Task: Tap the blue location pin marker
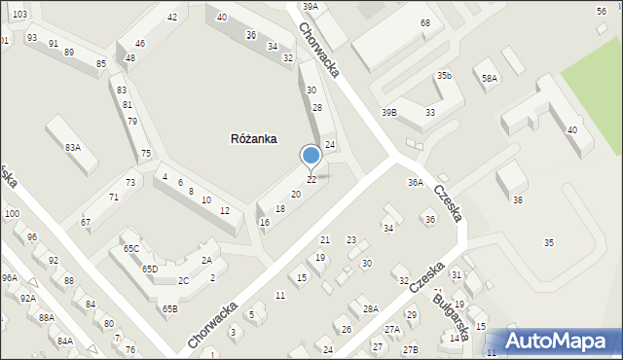[x=311, y=156]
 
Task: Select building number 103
[x=20, y=15]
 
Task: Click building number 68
[x=425, y=22]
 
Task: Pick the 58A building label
[x=489, y=78]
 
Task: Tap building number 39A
[x=310, y=7]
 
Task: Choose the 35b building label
[x=444, y=75]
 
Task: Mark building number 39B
[x=388, y=113]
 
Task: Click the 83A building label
[x=72, y=147]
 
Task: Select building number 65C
[x=131, y=249]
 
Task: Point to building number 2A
[x=206, y=260]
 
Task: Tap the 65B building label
[x=170, y=309]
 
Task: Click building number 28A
[x=370, y=308]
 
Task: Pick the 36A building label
[x=416, y=182]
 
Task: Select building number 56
[x=602, y=10]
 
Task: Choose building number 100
[x=12, y=213]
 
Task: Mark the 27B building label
[x=410, y=348]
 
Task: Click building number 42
[x=172, y=18]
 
